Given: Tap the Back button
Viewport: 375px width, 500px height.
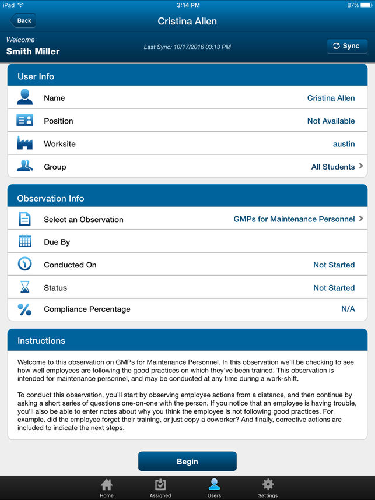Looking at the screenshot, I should tap(23, 21).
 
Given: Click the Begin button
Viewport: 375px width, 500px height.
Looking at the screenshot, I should tap(187, 461).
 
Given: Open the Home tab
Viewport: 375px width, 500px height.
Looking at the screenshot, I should tap(107, 488).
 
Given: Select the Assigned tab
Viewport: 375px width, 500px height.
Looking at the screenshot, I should tap(160, 488).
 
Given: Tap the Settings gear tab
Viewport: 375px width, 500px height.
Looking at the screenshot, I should tap(268, 488).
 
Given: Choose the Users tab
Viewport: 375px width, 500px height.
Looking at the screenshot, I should tap(214, 488).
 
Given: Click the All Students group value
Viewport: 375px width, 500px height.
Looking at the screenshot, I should tap(333, 167).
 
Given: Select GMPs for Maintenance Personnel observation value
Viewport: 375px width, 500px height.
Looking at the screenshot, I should tap(294, 219).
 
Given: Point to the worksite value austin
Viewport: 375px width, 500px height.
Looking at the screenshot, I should tap(344, 144).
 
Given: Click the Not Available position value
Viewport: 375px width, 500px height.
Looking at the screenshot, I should tap(331, 121).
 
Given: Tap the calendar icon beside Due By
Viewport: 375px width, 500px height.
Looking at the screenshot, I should tap(24, 242).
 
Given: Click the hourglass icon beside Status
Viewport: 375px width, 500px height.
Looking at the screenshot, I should tap(24, 287).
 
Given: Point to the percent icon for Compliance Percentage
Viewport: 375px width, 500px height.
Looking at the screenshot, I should tap(24, 309).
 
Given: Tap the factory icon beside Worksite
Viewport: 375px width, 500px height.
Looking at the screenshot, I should tap(24, 143).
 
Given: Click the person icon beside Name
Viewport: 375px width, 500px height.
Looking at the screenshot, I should tap(24, 97).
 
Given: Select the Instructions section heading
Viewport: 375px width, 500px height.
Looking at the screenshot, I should tap(41, 341).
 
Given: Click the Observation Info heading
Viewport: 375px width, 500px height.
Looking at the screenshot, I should tap(51, 198).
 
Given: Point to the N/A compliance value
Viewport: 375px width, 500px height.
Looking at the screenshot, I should tap(348, 309).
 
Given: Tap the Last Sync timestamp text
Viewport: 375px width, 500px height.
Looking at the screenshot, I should tap(187, 47).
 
